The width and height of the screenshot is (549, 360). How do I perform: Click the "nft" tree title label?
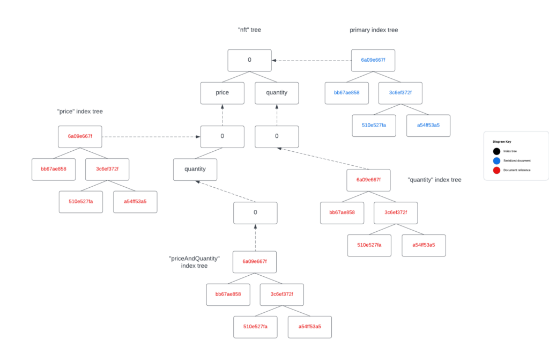coord(249,30)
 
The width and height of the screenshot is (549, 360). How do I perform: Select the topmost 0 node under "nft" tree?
coord(249,60)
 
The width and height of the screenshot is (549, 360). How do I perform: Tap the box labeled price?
coord(222,93)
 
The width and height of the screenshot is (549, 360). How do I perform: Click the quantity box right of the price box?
coord(277,93)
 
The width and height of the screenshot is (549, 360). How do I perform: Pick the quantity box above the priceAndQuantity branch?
coord(195,169)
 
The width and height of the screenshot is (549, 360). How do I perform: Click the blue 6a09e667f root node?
coord(373,60)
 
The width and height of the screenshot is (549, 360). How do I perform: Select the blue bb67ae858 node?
coord(346,93)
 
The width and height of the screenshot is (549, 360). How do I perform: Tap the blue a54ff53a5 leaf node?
coord(428,125)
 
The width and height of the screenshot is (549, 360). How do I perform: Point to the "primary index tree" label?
coord(374,30)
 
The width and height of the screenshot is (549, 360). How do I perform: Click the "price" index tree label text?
coord(80,112)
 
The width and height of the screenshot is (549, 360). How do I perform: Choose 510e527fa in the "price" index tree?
coord(80,202)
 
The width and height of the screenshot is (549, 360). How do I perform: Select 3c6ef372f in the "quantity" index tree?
coord(396,212)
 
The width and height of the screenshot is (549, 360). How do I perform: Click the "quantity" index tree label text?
coord(434,180)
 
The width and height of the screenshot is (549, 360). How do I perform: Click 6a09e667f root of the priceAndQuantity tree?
coord(255,261)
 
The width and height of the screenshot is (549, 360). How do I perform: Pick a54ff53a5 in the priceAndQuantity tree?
coord(309,327)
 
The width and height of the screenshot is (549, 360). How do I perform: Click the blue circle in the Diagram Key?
coord(496,160)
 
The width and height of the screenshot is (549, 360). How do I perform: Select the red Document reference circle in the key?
coord(496,170)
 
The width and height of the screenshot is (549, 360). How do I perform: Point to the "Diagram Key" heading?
coord(502,142)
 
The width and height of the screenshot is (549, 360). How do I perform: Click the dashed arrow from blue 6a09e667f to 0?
coord(311,60)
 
